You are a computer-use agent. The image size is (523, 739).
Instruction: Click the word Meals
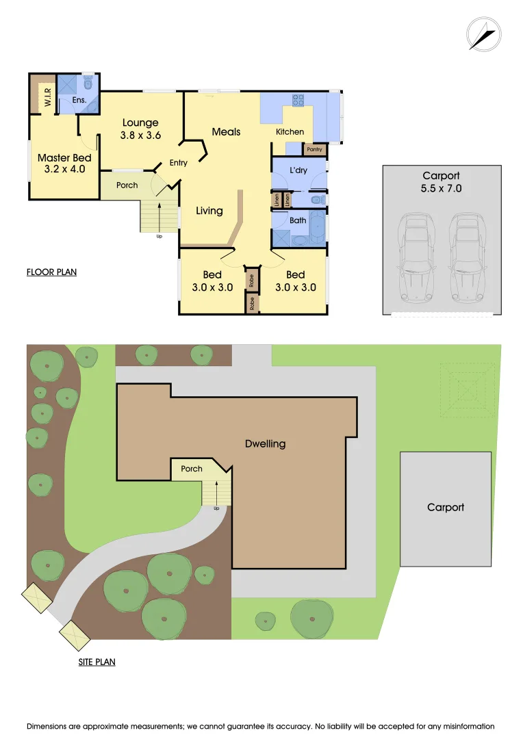(226, 131)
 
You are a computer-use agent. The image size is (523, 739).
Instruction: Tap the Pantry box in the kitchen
(314, 149)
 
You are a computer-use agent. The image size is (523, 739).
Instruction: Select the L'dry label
(298, 170)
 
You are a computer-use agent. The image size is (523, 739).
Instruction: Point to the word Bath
(298, 220)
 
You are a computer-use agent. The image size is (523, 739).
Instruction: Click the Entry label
(178, 163)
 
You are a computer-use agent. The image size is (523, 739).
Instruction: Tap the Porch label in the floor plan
(127, 185)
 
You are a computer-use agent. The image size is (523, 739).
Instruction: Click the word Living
(209, 211)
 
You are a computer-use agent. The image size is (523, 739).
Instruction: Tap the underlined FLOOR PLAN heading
(51, 272)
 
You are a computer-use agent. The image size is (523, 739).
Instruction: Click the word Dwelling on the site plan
(265, 443)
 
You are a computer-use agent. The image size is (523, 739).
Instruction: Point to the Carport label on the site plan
(446, 507)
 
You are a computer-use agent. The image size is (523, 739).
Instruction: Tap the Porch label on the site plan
(192, 469)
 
